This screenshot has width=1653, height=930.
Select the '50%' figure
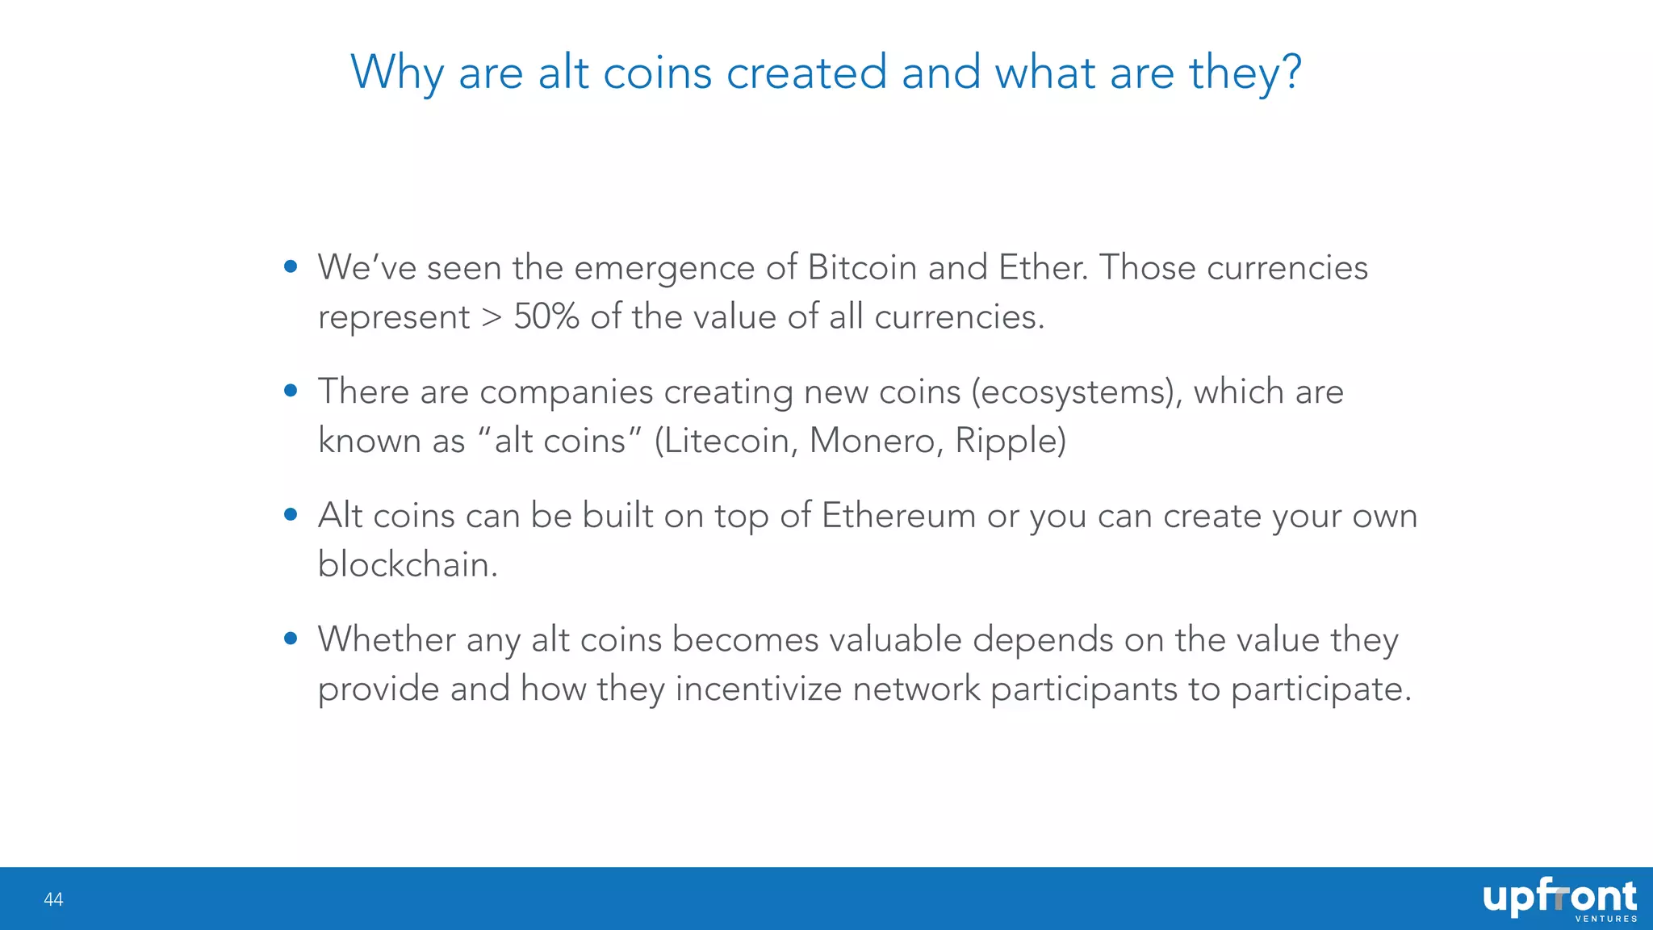(546, 316)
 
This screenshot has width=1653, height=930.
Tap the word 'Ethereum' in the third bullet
(898, 516)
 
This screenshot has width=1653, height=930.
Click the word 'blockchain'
(408, 564)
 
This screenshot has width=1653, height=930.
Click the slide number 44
(53, 899)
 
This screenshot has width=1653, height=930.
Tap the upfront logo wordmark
(1559, 897)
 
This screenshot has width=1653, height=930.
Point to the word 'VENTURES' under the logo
(1605, 919)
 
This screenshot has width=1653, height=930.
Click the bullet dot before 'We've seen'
(291, 267)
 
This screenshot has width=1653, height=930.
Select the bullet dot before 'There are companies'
(291, 392)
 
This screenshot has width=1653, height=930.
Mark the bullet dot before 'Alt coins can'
(291, 515)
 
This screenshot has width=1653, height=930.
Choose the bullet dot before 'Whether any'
(291, 639)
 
